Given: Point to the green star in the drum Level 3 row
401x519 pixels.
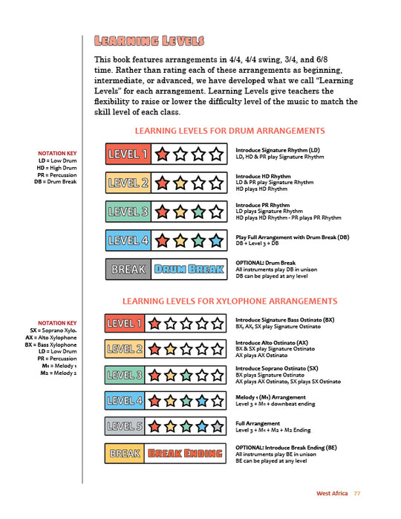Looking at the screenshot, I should pyautogui.click(x=197, y=212).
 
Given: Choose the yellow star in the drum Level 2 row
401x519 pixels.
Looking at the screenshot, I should pyautogui.click(x=179, y=183).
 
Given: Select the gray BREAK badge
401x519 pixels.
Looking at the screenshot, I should pyautogui.click(x=128, y=270).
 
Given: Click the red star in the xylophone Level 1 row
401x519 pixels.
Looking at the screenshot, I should pyautogui.click(x=153, y=324).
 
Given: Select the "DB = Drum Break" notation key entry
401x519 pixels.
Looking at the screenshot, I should pyautogui.click(x=55, y=180).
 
